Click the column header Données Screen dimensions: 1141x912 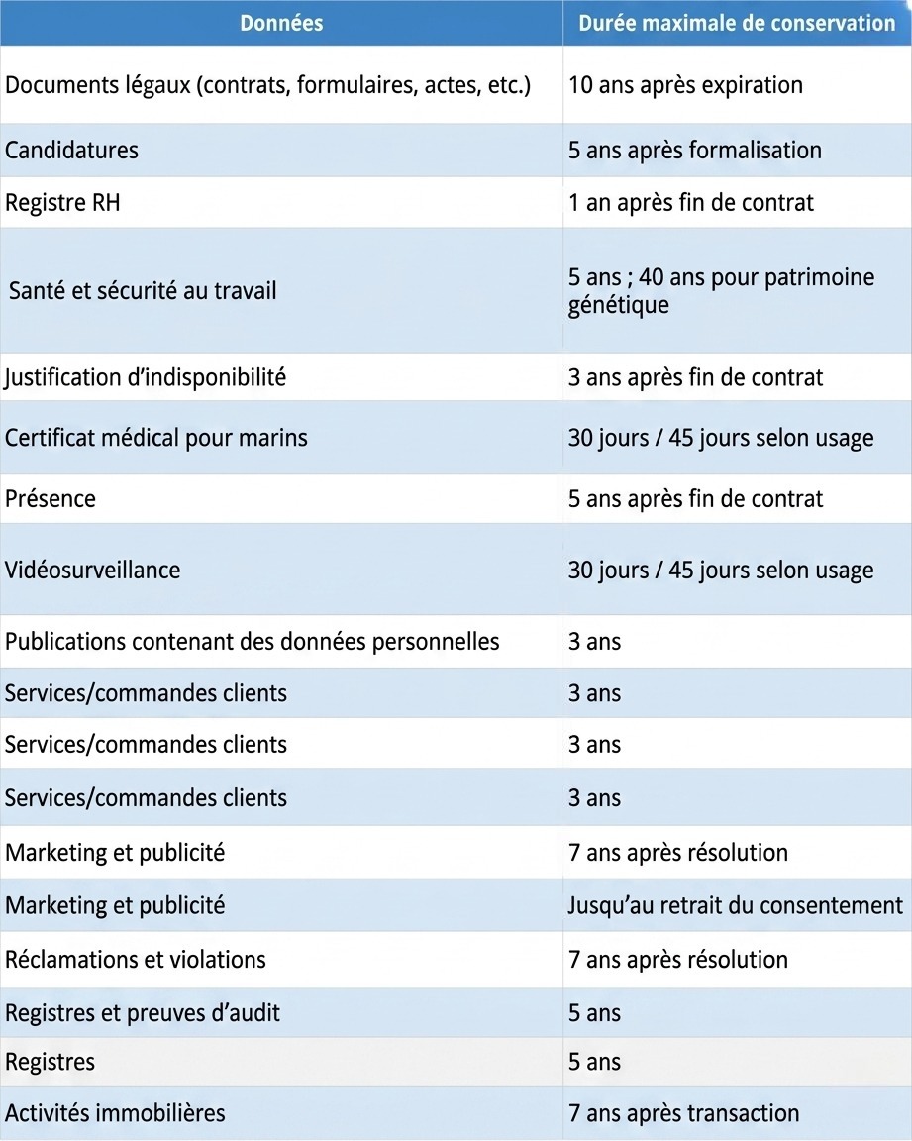click(281, 23)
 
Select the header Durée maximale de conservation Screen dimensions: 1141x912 click(737, 23)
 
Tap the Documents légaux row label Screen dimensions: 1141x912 click(267, 85)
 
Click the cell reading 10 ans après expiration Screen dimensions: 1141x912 click(685, 85)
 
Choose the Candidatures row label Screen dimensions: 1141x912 click(71, 151)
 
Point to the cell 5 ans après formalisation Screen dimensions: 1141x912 click(694, 151)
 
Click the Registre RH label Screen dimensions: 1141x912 click(62, 203)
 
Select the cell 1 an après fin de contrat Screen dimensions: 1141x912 click(690, 203)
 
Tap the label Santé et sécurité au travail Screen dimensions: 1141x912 click(143, 291)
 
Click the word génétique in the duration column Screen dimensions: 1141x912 click(619, 305)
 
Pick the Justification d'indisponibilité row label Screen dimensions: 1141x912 click(145, 377)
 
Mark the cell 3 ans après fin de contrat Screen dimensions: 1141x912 click(695, 377)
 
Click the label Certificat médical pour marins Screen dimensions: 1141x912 click(155, 437)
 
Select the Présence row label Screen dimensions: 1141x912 click(51, 498)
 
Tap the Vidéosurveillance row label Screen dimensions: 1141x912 click(92, 570)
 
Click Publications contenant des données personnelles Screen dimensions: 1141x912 click(252, 642)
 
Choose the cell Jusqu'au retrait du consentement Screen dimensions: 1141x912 click(735, 905)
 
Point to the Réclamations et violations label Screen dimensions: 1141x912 click(135, 960)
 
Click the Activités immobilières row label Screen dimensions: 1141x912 click(115, 1113)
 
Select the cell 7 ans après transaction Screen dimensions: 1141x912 click(683, 1113)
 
